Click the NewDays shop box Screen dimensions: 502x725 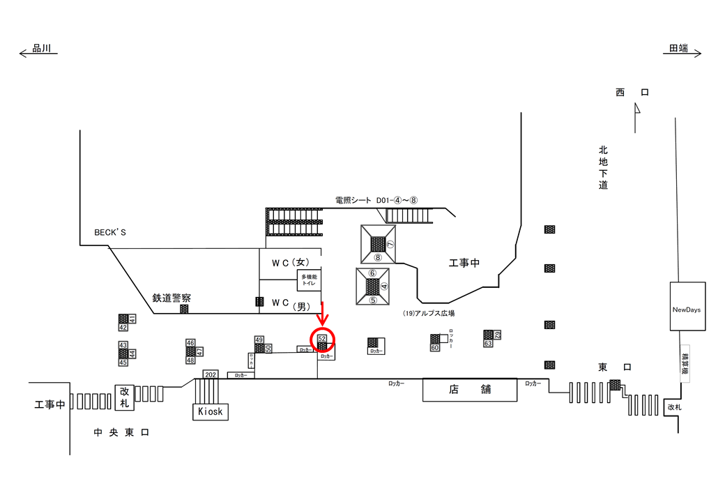coord(687,307)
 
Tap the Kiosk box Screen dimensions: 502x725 coord(210,411)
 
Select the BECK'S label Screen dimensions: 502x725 coord(110,232)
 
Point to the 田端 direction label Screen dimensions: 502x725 coord(678,48)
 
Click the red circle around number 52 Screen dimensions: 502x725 coord(323,340)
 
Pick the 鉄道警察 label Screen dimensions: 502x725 coord(171,298)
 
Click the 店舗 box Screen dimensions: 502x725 coord(470,389)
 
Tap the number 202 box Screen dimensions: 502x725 coord(211,374)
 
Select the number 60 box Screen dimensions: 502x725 coord(434,347)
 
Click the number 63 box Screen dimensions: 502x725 coord(488,343)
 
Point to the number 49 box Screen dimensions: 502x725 coord(259,340)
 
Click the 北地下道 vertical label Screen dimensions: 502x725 coord(603,167)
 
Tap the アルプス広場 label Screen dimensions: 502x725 coord(428,314)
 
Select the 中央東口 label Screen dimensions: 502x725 coord(121,433)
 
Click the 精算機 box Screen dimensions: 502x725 coord(685,362)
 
